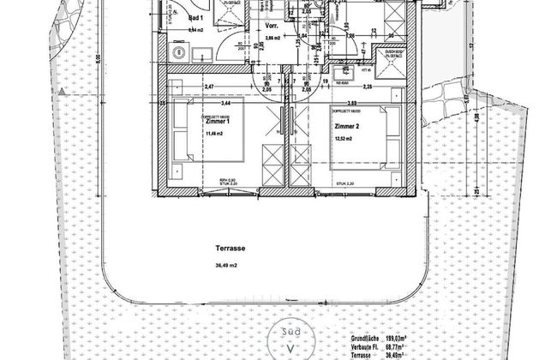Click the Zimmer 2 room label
347,126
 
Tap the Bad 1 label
195,19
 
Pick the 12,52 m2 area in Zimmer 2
345,138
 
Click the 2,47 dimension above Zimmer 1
208,86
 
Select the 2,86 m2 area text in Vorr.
249,39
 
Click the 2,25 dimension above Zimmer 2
367,86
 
